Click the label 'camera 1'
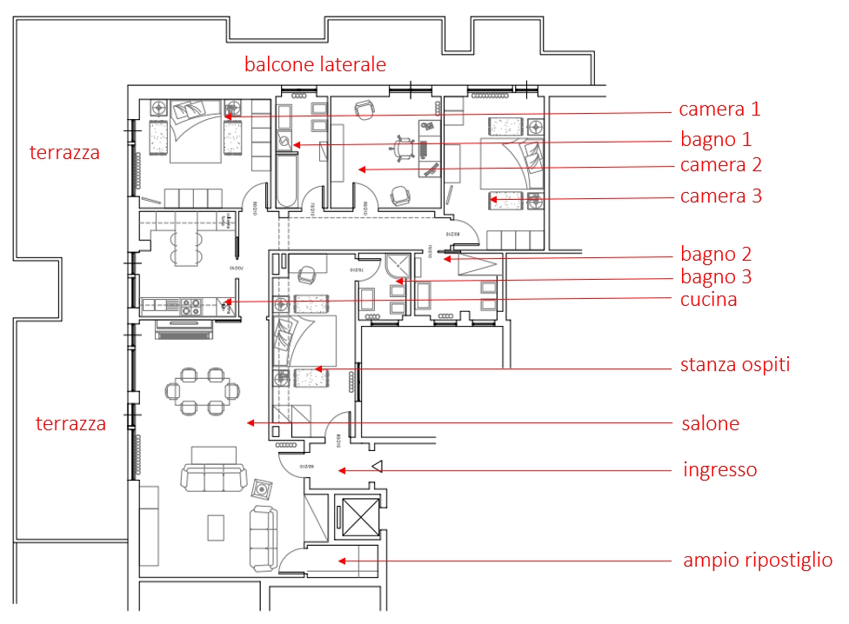pos(719,110)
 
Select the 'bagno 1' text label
pos(716,139)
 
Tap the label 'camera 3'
pos(721,196)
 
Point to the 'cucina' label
pos(708,300)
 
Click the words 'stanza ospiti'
pos(735,365)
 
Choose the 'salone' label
pos(710,424)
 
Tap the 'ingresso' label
pos(719,470)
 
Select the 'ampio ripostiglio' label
pos(757,561)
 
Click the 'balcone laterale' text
pos(315,64)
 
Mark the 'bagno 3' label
pos(716,277)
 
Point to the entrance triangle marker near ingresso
pos(377,468)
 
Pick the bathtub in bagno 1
pos(286,179)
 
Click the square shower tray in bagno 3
pos(398,267)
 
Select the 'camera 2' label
pos(721,165)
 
